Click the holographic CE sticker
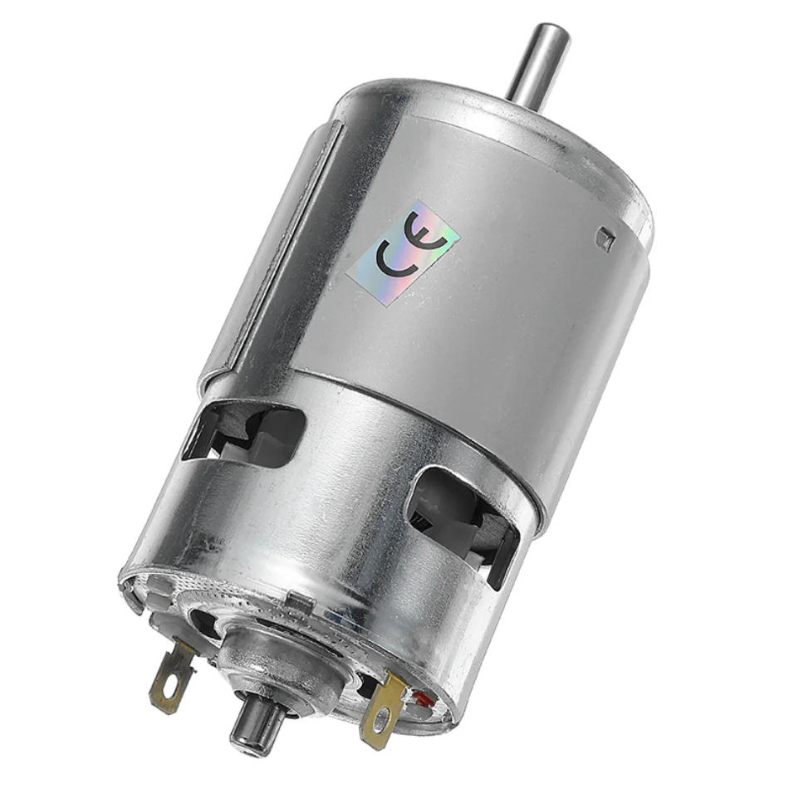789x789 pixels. click(402, 249)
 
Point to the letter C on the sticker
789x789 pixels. click(390, 259)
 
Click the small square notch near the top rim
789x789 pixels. click(605, 240)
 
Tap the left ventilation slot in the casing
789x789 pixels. click(245, 432)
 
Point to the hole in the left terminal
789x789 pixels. click(165, 692)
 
